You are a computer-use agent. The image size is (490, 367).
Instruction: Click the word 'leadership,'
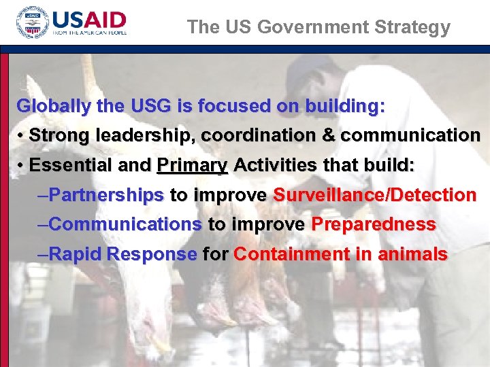pos(141,136)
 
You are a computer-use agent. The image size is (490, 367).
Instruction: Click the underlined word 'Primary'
pos(193,166)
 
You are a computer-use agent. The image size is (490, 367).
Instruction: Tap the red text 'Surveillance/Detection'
pos(374,196)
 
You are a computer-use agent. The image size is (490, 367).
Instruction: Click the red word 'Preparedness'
pos(373,224)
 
